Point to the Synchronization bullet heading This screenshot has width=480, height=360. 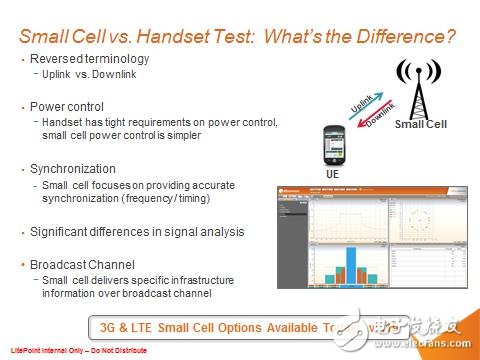click(74, 169)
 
